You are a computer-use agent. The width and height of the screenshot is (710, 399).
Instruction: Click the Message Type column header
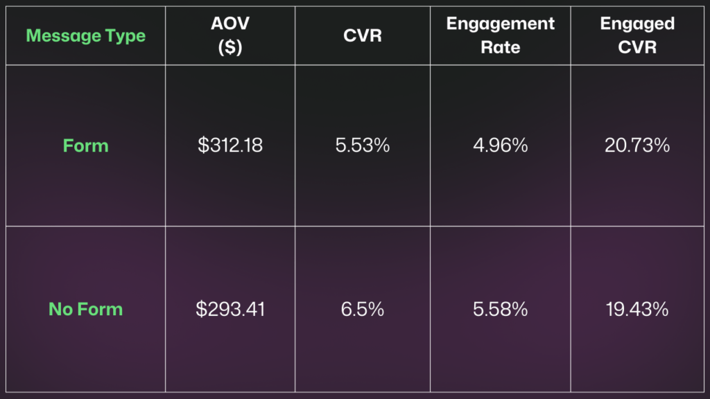pos(86,36)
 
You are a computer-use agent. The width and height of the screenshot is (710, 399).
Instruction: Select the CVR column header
pos(363,36)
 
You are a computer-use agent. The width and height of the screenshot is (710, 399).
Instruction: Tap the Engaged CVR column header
pos(637,36)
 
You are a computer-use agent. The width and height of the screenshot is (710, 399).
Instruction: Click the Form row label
pos(86,146)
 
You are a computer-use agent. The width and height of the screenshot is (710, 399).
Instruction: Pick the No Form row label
pos(86,309)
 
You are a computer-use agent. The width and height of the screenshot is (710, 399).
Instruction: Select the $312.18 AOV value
pos(230,146)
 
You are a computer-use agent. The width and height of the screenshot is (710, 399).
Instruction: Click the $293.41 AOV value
pos(230,309)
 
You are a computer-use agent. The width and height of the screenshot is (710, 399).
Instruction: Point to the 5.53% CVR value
pos(363,146)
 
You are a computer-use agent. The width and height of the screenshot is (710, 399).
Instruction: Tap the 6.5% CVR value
pos(363,309)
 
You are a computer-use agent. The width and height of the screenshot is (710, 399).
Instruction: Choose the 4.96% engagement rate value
pos(501,146)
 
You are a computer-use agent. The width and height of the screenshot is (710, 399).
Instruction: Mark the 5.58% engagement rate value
pos(501,309)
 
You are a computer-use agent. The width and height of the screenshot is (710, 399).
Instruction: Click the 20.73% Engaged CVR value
pos(637,146)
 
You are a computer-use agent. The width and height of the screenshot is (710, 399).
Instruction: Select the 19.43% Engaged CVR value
pos(637,309)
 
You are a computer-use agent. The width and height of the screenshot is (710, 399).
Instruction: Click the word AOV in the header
pos(230,24)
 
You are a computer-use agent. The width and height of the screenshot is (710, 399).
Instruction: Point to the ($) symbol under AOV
pos(230,48)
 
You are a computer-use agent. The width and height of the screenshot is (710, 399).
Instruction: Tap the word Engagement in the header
pos(501,24)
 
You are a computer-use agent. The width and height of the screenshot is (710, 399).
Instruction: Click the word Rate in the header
pos(501,48)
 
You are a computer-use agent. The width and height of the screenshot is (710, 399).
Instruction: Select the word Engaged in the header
pos(637,24)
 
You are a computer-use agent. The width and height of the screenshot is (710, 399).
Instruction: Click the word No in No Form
pos(60,309)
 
